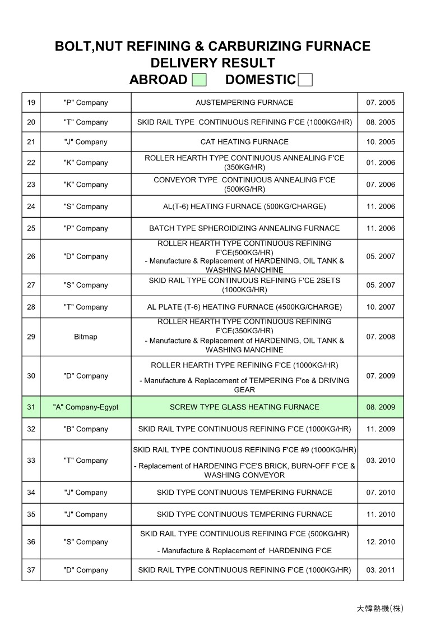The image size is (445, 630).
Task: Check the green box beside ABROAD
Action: pyautogui.click(x=199, y=80)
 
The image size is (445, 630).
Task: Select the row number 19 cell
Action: pyautogui.click(x=31, y=103)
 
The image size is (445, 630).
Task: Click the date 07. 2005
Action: pyautogui.click(x=381, y=103)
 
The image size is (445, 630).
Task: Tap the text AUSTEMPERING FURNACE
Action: pyautogui.click(x=244, y=103)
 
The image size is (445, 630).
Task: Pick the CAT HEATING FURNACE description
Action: pyautogui.click(x=244, y=142)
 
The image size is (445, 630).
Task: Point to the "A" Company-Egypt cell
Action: pyautogui.click(x=86, y=407)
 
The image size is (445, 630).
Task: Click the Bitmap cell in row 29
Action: pyautogui.click(x=86, y=337)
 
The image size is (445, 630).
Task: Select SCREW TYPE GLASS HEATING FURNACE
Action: pyautogui.click(x=244, y=407)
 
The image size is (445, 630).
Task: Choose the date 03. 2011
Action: pyautogui.click(x=381, y=570)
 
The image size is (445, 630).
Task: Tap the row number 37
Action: pyautogui.click(x=31, y=570)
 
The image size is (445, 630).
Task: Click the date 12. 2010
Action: pyautogui.click(x=381, y=542)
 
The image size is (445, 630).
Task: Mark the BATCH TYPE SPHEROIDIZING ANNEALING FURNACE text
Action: pyautogui.click(x=244, y=228)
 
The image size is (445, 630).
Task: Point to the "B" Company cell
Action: pyautogui.click(x=86, y=429)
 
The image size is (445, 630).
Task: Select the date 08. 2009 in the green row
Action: pyautogui.click(x=381, y=407)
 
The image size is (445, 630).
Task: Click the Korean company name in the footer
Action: pyautogui.click(x=379, y=609)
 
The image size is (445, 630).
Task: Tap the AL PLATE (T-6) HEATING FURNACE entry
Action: pyautogui.click(x=244, y=307)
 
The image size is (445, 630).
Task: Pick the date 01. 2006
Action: pyautogui.click(x=381, y=163)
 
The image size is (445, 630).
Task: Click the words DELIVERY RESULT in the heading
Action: pyautogui.click(x=212, y=63)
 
